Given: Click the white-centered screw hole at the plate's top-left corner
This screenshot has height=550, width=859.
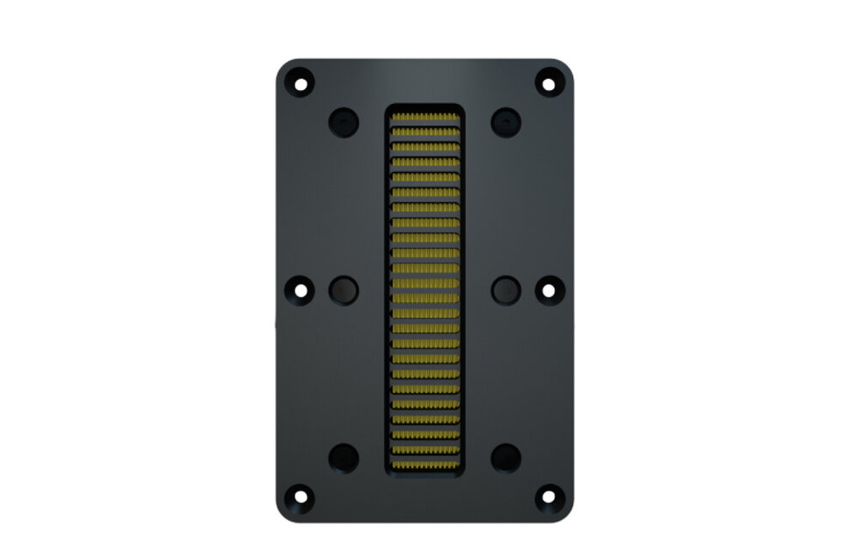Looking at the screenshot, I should pyautogui.click(x=301, y=83).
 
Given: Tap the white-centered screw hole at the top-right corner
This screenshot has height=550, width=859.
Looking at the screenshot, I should pyautogui.click(x=548, y=83).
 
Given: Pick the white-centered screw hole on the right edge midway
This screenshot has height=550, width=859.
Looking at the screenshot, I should pyautogui.click(x=548, y=290).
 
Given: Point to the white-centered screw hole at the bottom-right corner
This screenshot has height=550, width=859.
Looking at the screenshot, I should pyautogui.click(x=548, y=497).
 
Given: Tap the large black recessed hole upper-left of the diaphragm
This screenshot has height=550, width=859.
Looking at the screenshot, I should pyautogui.click(x=344, y=122).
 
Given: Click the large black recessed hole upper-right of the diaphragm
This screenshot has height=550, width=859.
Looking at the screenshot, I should pyautogui.click(x=506, y=122).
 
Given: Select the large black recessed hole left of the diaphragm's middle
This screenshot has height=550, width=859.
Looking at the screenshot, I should pyautogui.click(x=344, y=290).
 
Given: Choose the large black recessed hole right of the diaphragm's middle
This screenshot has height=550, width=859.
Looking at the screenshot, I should pyautogui.click(x=506, y=290).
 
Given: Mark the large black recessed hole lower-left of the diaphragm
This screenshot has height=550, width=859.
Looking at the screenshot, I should pyautogui.click(x=344, y=457).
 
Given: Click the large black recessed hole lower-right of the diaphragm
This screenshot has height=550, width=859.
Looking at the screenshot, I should pyautogui.click(x=506, y=457).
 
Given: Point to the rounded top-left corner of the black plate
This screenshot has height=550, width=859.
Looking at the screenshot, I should pyautogui.click(x=283, y=66).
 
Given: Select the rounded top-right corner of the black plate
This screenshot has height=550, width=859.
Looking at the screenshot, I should pyautogui.click(x=566, y=66).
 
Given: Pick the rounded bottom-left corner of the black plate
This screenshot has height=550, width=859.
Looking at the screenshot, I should pyautogui.click(x=283, y=514).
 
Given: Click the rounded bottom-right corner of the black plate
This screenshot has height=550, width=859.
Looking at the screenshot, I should pyautogui.click(x=566, y=514).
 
